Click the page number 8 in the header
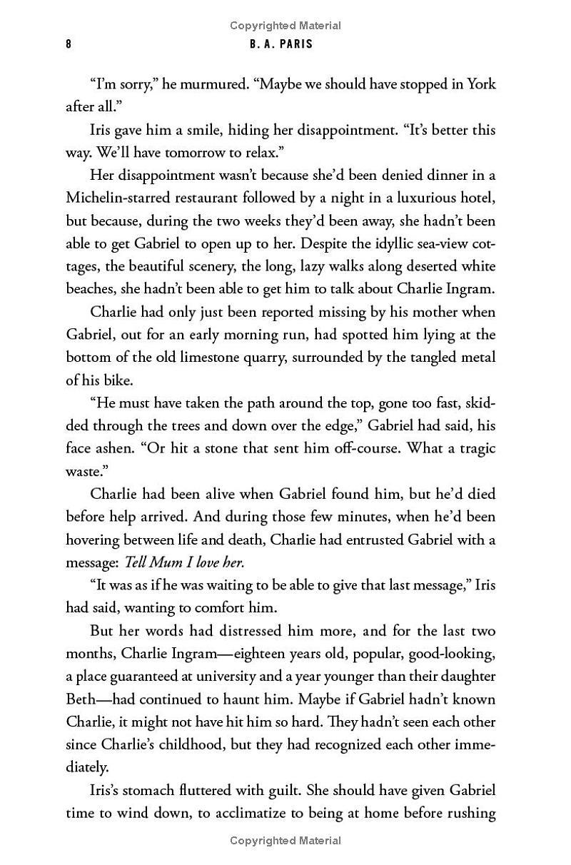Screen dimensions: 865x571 (x=69, y=44)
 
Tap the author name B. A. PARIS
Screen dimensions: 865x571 (x=285, y=44)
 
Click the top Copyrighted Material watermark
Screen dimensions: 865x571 (x=285, y=26)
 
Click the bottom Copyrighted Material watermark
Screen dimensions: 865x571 (x=285, y=841)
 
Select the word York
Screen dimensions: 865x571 (x=481, y=84)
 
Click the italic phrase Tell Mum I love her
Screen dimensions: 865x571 (x=185, y=562)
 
